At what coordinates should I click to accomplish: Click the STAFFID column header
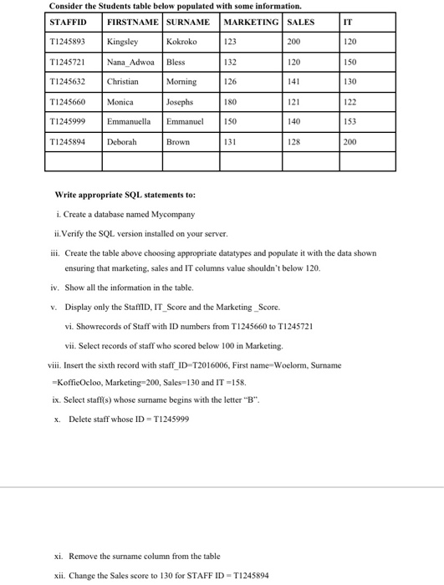(x=69, y=22)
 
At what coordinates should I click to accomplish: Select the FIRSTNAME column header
(x=132, y=22)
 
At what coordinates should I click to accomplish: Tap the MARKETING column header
(x=251, y=22)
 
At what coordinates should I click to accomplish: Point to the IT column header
(x=347, y=22)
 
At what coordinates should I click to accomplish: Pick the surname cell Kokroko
(x=181, y=40)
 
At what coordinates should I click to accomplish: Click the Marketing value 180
(x=231, y=102)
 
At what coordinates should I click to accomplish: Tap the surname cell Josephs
(x=180, y=102)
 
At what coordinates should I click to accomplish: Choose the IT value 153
(x=350, y=122)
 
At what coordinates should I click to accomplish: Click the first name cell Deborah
(x=123, y=143)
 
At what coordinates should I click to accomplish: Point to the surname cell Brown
(x=177, y=143)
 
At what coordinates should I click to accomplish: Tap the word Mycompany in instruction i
(x=174, y=215)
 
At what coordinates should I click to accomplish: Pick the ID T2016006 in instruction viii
(x=228, y=365)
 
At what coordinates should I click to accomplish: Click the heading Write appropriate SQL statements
(x=125, y=195)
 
